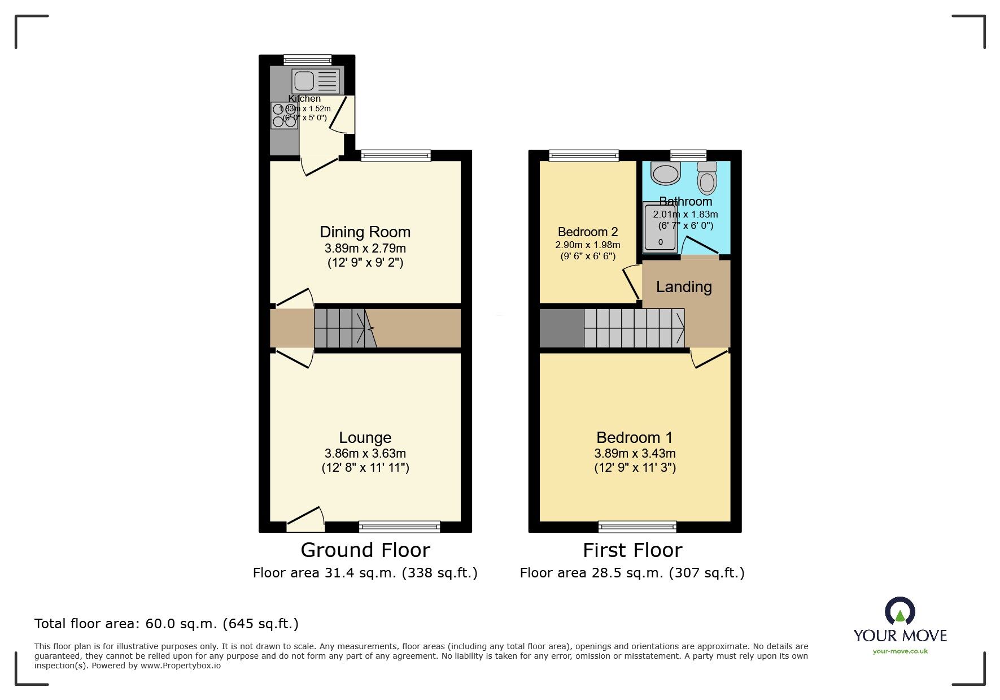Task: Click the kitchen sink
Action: coord(316,81)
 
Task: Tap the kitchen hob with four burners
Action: coord(284,115)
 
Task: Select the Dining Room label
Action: coord(365,232)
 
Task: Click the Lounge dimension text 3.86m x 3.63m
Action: coord(365,453)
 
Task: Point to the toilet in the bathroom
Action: coord(707,179)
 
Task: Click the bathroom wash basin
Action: coord(666,173)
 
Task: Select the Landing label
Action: coord(684,287)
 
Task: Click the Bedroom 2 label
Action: coord(587,232)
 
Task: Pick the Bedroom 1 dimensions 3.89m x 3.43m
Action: coord(635,453)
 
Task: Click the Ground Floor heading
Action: coord(365,550)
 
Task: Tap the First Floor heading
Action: coord(632,550)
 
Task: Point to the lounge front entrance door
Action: coord(305,520)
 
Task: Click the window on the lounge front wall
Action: coord(399,527)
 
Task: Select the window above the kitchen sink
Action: coord(307,60)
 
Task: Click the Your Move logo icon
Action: coord(899,612)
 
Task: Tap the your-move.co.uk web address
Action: coord(900,651)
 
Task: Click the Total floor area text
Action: coord(166,624)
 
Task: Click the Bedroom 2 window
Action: coord(583,155)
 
